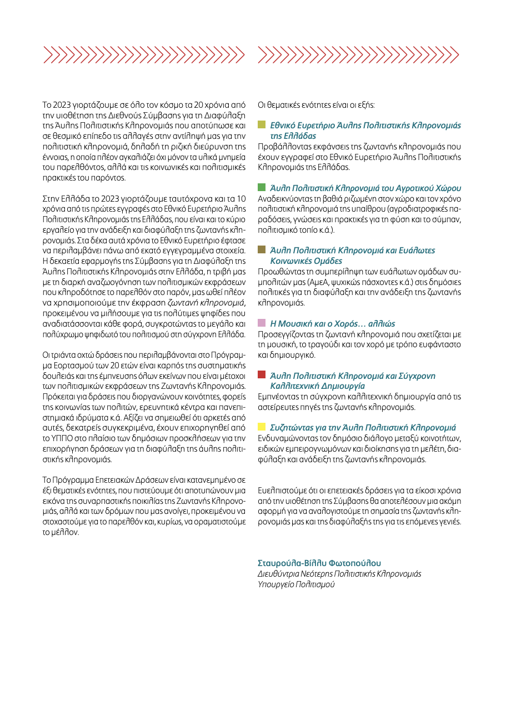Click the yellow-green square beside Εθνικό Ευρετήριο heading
pyautogui.click(x=262, y=126)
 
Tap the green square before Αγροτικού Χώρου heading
pyautogui.click(x=262, y=188)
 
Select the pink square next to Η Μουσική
pyautogui.click(x=262, y=323)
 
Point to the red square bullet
pyautogui.click(x=262, y=375)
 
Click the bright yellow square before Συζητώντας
pyautogui.click(x=262, y=427)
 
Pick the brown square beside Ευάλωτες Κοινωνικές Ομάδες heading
pyautogui.click(x=262, y=251)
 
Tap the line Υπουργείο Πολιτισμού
pyautogui.click(x=297, y=584)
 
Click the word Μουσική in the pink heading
pyautogui.click(x=296, y=323)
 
